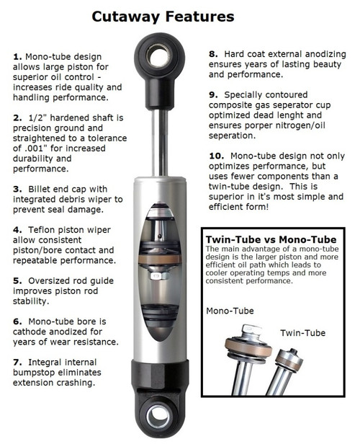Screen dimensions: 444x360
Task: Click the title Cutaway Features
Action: tap(180, 16)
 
